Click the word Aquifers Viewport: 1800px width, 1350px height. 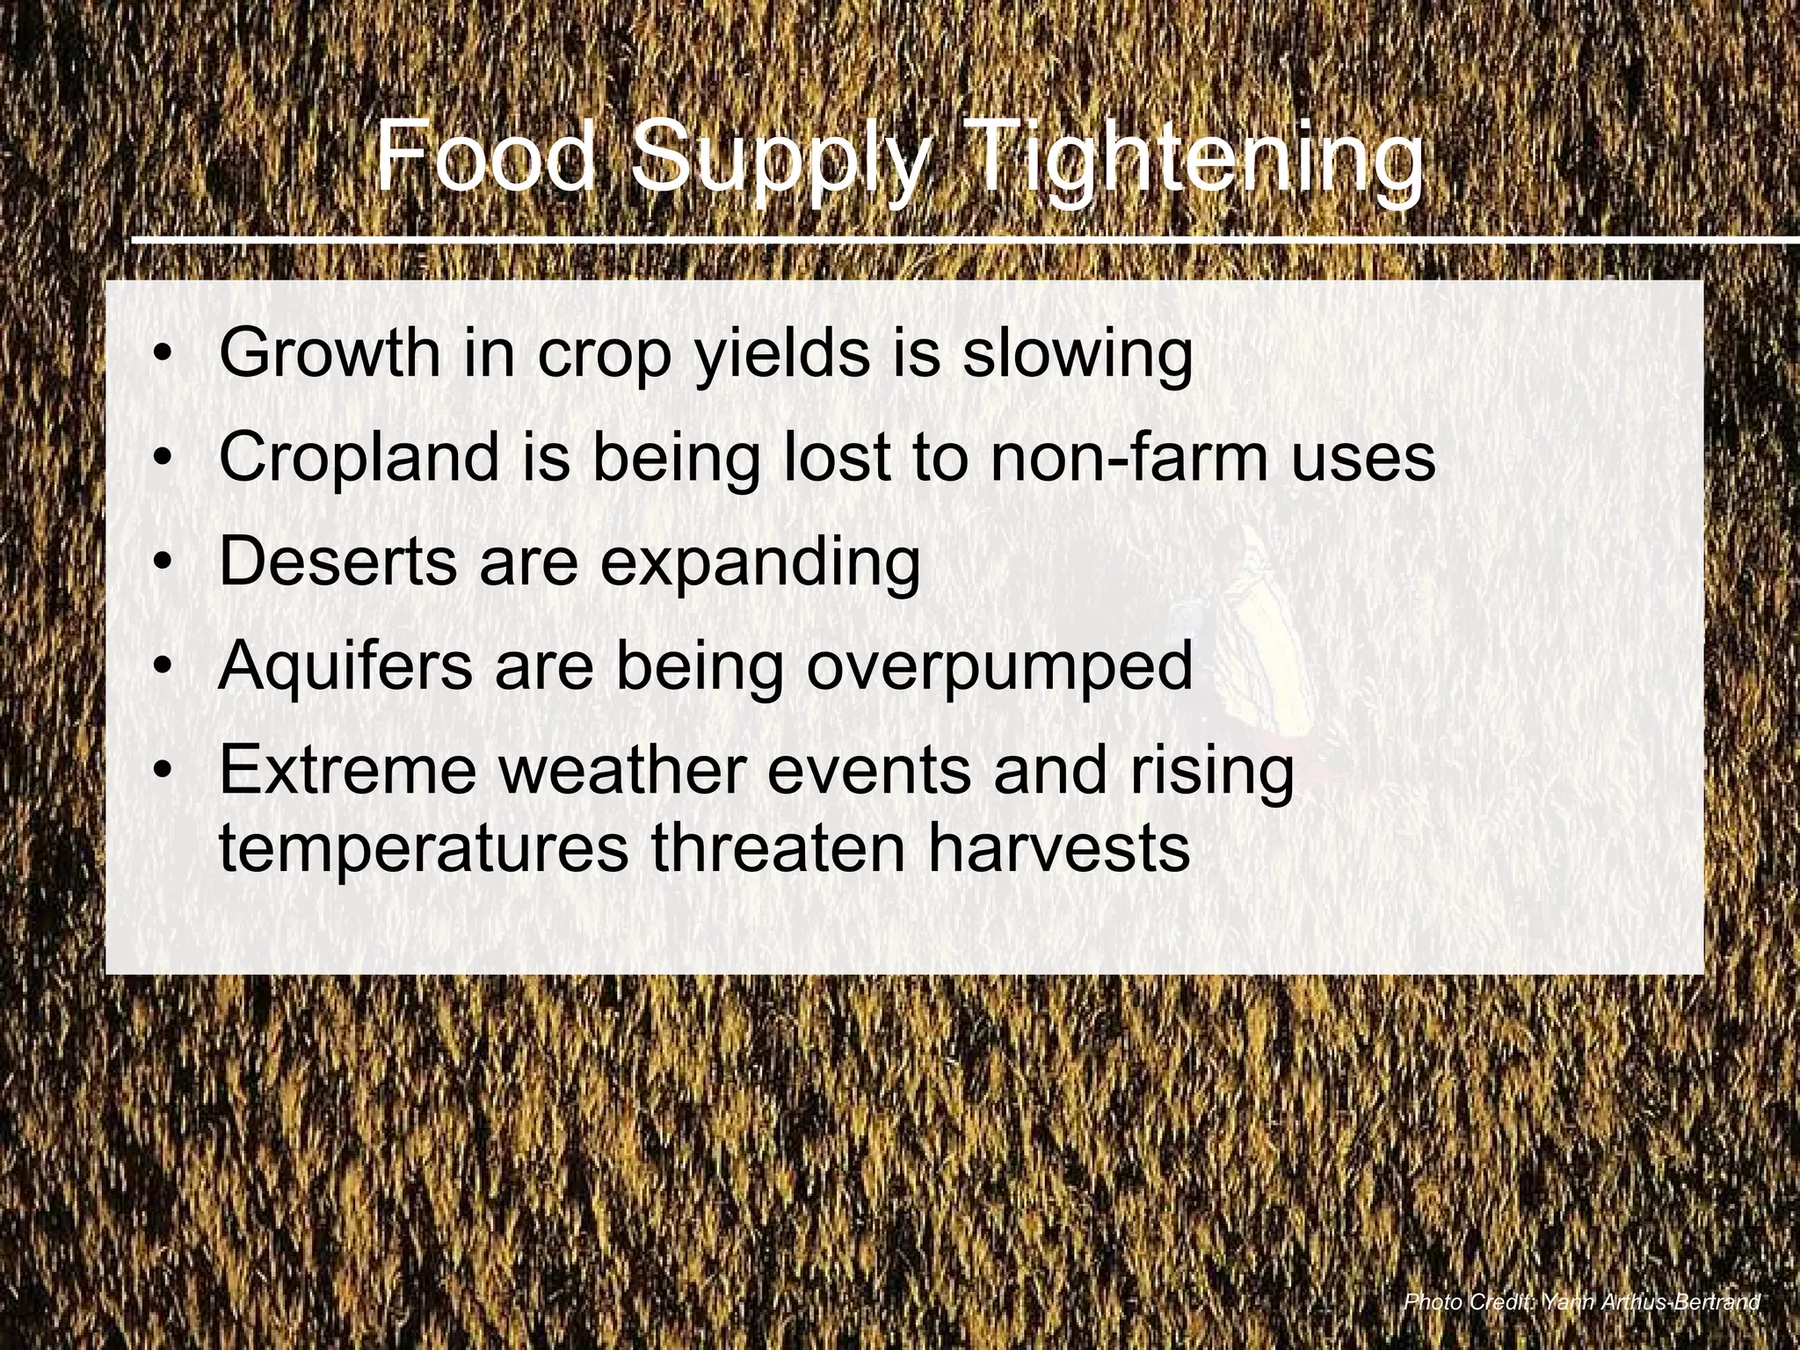coord(345,665)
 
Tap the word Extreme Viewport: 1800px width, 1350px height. coord(348,769)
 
